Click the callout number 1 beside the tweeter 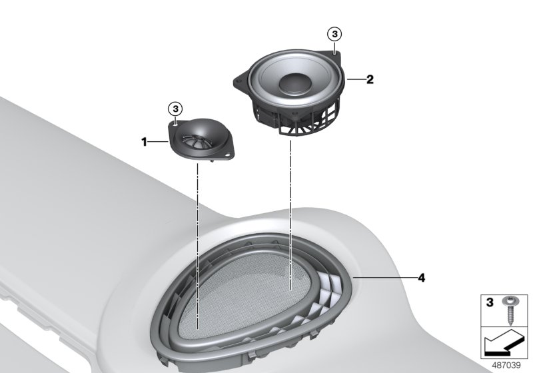[143, 141]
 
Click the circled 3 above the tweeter [175, 108]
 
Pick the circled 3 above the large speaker [335, 33]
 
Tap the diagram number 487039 [508, 365]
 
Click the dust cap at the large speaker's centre [295, 84]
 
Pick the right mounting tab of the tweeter [229, 156]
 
